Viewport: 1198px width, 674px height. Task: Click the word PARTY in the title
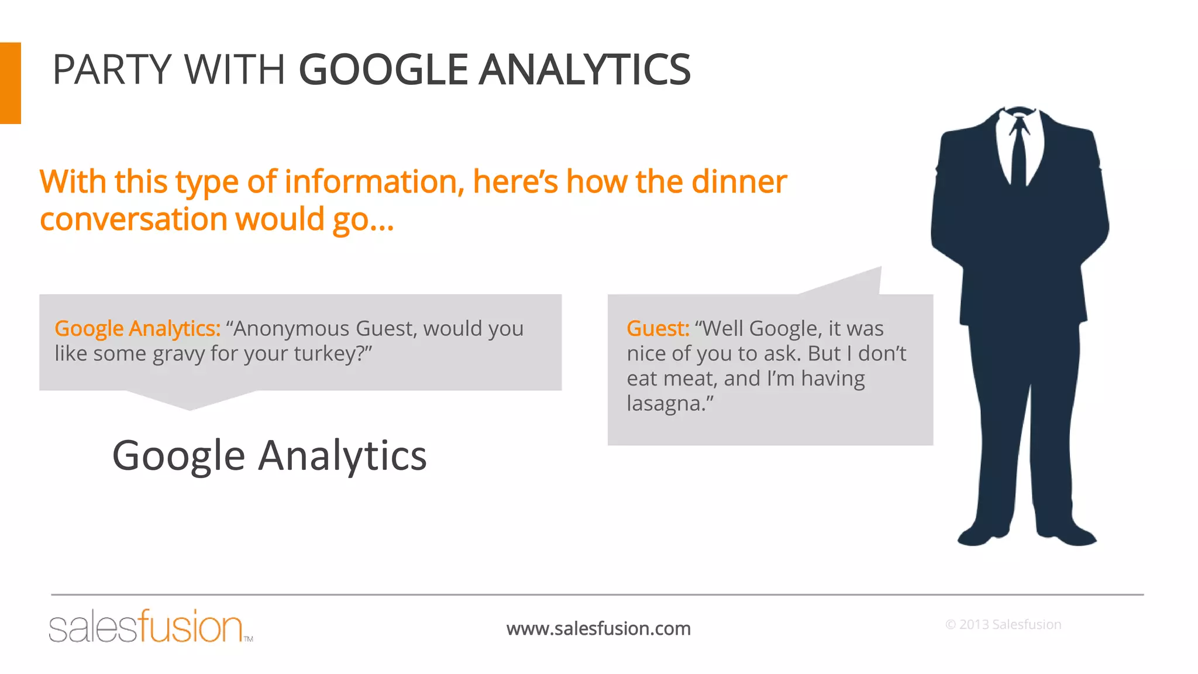(x=111, y=70)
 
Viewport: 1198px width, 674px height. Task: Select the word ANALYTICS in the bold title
(x=584, y=70)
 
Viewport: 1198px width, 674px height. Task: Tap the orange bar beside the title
(x=10, y=82)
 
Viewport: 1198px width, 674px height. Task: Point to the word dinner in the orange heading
(x=739, y=181)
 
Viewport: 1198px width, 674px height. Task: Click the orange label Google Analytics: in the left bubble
(x=137, y=329)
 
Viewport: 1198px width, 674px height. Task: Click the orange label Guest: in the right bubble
(x=657, y=329)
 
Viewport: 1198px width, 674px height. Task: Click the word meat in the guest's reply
(x=688, y=379)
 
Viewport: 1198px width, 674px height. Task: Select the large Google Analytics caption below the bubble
(x=269, y=455)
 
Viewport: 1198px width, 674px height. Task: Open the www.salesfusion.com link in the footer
(x=598, y=628)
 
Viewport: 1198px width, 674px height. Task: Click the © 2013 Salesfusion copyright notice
(x=1003, y=624)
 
